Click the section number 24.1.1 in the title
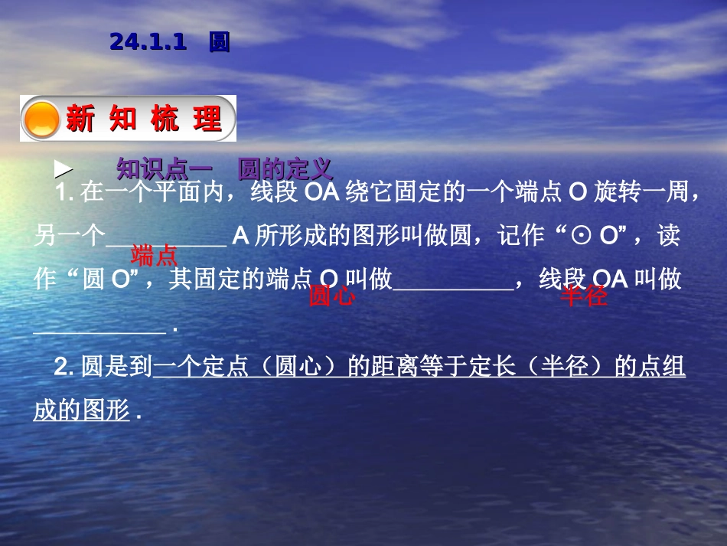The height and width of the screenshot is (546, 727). pyautogui.click(x=148, y=42)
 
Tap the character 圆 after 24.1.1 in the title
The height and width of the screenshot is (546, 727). pyautogui.click(x=219, y=42)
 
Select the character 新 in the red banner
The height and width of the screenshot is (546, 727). pyautogui.click(x=80, y=119)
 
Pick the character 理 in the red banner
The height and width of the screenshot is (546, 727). pyautogui.click(x=207, y=119)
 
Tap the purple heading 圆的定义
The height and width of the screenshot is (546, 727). pyautogui.click(x=285, y=169)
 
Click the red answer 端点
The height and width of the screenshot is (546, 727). pyautogui.click(x=155, y=255)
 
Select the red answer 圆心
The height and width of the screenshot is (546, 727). pyautogui.click(x=331, y=296)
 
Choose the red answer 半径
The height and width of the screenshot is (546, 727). pyautogui.click(x=584, y=296)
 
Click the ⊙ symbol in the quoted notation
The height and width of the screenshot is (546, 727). pyautogui.click(x=582, y=237)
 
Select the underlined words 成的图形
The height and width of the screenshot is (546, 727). pyautogui.click(x=82, y=411)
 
